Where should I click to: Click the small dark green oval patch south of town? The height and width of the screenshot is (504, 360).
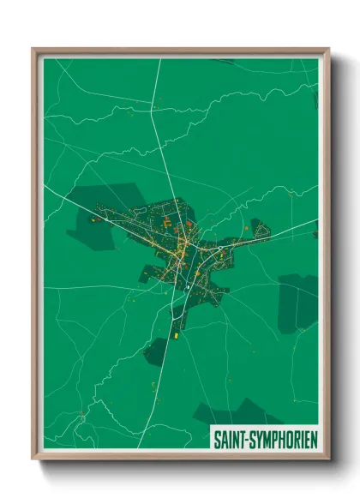click(x=156, y=351)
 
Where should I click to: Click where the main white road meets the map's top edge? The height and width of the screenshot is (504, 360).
click(x=160, y=59)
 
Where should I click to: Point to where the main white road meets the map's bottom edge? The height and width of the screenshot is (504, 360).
click(x=139, y=447)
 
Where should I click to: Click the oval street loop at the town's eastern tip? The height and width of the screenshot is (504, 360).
click(x=261, y=231)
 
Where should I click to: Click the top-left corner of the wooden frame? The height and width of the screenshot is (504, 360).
click(x=33, y=49)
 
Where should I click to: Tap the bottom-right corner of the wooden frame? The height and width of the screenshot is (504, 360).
click(x=328, y=458)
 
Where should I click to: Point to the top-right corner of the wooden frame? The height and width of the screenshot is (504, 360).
click(x=328, y=49)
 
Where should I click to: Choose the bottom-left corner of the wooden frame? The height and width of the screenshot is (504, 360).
click(x=33, y=458)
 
